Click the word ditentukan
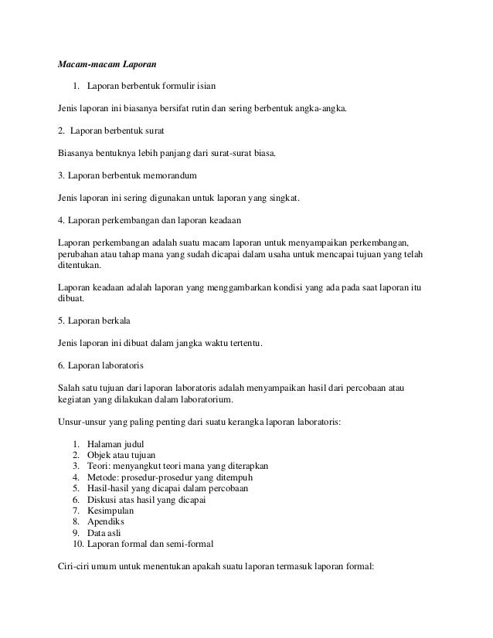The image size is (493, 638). [80, 265]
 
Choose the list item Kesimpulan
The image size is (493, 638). [111, 511]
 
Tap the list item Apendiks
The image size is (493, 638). [107, 521]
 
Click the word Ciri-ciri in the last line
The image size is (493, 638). [76, 565]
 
